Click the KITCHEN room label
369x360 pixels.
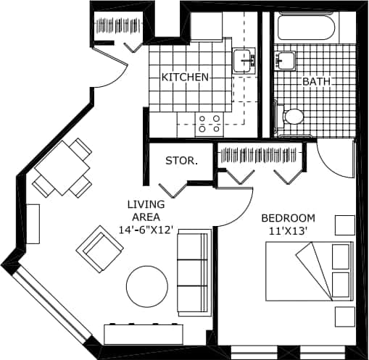(185, 77)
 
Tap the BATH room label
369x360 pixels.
(316, 82)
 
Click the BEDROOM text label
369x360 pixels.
(288, 218)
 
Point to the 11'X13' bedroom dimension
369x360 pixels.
(288, 231)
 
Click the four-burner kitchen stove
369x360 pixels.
(210, 123)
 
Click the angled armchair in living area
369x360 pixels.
(100, 248)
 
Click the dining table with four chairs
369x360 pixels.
(63, 168)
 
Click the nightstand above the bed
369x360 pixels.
(344, 225)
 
